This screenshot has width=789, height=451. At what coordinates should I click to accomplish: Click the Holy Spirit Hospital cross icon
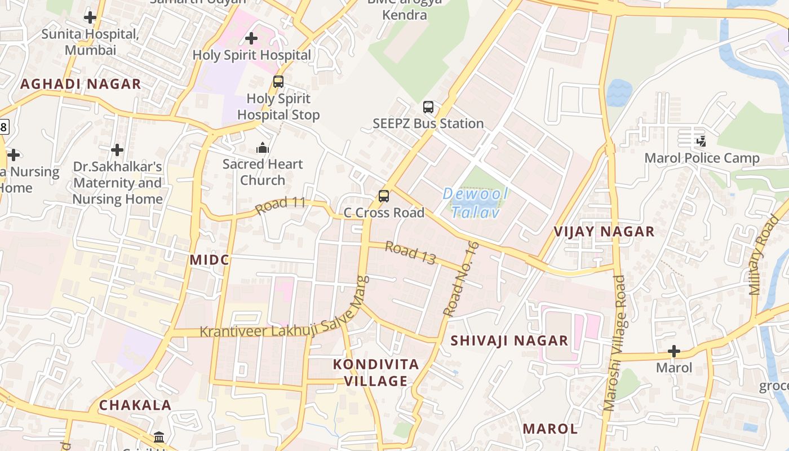251,38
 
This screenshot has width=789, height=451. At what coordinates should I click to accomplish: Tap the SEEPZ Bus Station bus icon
428,107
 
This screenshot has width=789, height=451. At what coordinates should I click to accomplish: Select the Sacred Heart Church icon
263,148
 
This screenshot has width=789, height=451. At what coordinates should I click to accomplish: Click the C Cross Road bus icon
384,196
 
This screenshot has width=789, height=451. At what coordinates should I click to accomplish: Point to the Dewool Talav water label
476,203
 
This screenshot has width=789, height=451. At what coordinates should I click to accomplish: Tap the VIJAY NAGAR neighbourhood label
604,232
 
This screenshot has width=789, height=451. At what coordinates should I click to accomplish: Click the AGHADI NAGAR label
81,85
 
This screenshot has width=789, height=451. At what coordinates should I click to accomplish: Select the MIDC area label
210,260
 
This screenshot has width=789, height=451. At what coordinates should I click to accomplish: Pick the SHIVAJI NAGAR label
509,341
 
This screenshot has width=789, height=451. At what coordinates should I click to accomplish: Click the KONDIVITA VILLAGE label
376,373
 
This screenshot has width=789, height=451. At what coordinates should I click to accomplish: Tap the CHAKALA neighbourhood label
135,405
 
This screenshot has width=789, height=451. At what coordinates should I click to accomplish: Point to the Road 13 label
411,253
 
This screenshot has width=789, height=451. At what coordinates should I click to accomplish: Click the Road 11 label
280,205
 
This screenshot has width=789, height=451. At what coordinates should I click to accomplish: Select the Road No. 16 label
461,278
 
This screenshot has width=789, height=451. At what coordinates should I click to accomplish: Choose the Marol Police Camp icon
701,141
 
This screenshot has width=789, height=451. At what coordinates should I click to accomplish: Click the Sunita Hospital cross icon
90,17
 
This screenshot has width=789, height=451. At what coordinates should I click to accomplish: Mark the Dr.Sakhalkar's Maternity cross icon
117,150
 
